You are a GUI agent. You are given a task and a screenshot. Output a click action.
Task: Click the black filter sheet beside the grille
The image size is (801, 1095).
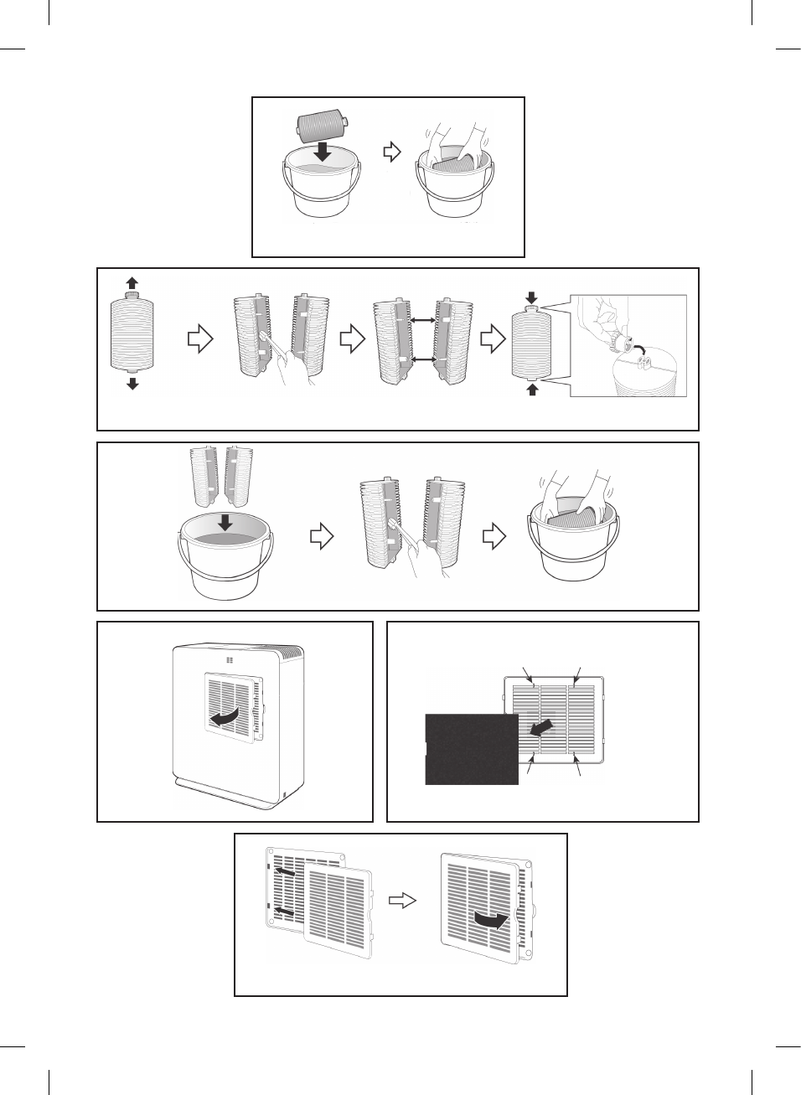click(x=471, y=749)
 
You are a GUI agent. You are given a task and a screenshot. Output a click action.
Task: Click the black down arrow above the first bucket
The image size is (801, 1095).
click(x=323, y=152)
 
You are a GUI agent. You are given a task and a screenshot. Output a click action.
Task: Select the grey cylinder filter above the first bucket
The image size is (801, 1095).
click(x=322, y=128)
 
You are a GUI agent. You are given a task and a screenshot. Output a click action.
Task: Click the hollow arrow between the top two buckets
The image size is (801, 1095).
click(x=392, y=152)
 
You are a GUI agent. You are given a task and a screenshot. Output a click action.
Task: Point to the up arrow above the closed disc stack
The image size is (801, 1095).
click(x=132, y=283)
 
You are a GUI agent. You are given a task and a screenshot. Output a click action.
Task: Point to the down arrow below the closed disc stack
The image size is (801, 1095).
click(x=132, y=384)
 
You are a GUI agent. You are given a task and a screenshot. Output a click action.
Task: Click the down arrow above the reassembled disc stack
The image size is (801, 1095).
click(x=532, y=298)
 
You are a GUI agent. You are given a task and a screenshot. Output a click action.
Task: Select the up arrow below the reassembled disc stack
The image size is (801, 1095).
click(x=532, y=389)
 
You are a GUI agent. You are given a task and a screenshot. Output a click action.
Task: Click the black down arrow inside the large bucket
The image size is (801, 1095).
click(x=225, y=522)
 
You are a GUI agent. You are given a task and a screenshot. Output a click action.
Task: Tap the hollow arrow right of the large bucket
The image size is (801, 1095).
click(x=322, y=536)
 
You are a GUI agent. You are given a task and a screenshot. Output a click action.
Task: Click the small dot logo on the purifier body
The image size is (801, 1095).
click(x=230, y=660)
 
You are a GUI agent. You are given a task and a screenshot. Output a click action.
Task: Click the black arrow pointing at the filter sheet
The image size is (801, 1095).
click(x=541, y=726)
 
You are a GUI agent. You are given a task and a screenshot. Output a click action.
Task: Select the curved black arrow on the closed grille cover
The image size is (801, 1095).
click(x=491, y=920)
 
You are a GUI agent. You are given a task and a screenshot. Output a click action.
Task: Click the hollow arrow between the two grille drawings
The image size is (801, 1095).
click(x=403, y=901)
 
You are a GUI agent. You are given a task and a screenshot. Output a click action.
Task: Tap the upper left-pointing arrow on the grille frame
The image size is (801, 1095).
click(x=285, y=872)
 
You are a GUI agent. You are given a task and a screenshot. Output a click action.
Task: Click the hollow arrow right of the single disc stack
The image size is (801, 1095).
click(x=200, y=339)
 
